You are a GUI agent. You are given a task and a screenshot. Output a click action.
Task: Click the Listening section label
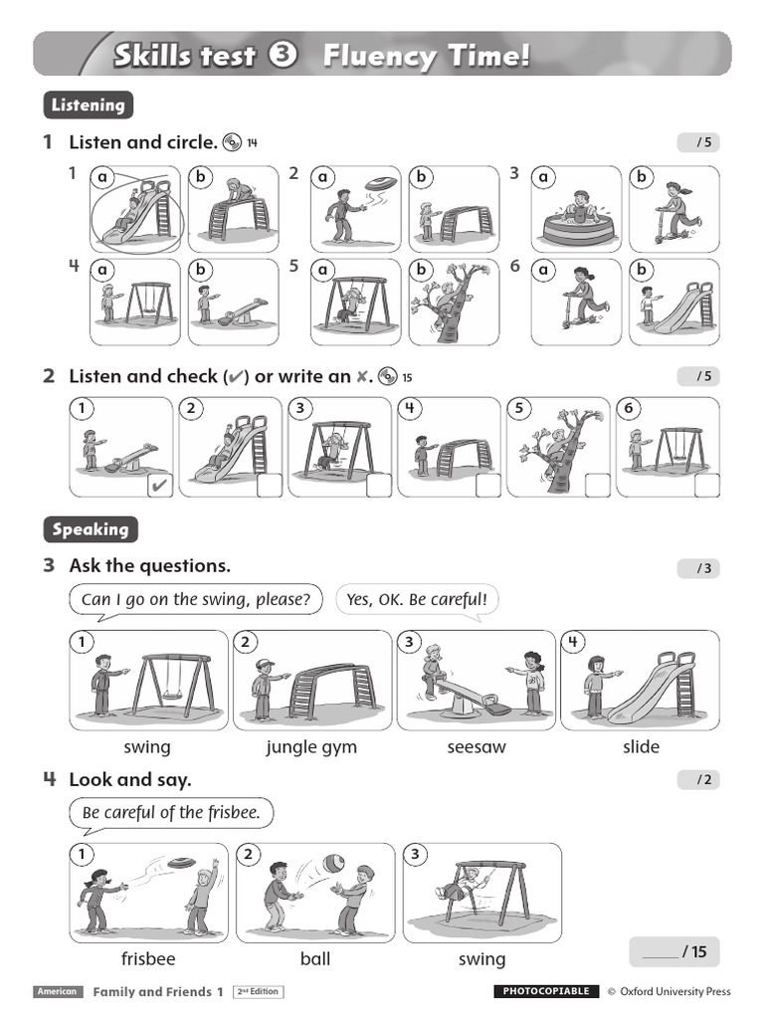[89, 104]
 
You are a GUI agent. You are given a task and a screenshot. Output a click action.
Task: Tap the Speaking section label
[91, 529]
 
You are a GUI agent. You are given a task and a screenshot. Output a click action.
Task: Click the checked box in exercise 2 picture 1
[159, 486]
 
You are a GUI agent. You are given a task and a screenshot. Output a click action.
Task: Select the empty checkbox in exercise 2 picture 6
[706, 486]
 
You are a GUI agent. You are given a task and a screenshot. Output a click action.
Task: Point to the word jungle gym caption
[311, 746]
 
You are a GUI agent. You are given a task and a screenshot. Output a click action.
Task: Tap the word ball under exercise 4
[315, 959]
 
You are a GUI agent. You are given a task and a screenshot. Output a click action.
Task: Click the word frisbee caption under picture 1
[148, 959]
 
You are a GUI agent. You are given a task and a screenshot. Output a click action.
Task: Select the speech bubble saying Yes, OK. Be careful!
[417, 600]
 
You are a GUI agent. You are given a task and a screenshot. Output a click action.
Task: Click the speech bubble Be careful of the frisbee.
[171, 813]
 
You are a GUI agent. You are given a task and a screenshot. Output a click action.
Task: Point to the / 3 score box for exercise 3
[698, 568]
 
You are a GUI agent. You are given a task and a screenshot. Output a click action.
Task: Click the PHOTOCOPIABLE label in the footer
[546, 991]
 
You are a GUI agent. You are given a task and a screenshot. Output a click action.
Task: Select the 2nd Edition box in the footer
[259, 991]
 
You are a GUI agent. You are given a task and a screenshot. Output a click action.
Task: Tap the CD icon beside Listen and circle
[233, 142]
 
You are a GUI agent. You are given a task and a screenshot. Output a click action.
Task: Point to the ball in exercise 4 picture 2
[332, 863]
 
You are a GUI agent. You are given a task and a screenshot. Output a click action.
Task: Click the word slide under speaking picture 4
[641, 746]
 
